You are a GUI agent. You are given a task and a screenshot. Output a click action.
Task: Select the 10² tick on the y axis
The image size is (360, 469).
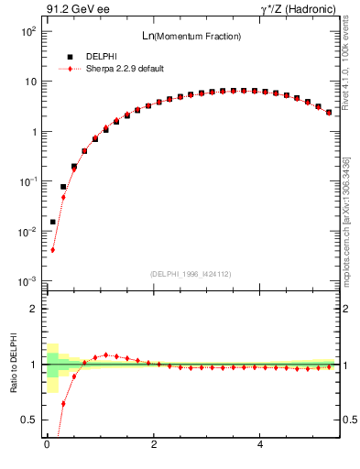coord(28,31)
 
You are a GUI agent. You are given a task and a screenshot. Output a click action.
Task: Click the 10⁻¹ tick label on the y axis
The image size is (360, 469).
coord(28,182)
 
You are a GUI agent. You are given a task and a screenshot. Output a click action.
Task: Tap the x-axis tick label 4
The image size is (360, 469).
coord(262,446)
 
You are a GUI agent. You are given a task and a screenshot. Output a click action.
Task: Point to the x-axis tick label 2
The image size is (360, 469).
coord(154,446)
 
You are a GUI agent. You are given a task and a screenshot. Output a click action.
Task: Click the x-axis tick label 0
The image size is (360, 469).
coord(47,446)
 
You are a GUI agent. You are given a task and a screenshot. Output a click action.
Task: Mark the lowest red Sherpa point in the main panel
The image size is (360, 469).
coord(53,249)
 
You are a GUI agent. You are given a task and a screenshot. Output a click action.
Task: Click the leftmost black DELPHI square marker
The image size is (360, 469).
coord(53,222)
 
